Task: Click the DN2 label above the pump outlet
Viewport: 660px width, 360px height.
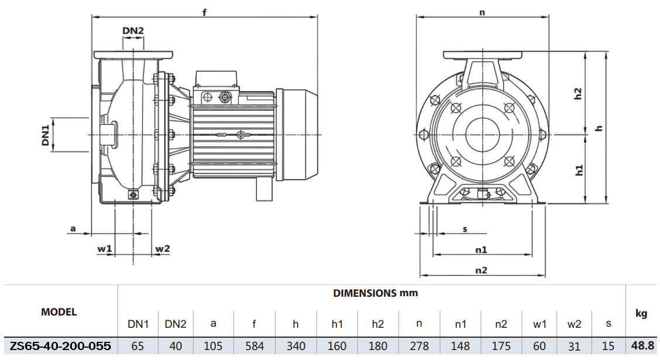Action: coord(133,30)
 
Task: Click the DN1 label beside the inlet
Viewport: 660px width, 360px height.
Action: coord(45,135)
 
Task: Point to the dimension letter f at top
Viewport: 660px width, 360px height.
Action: coord(204,12)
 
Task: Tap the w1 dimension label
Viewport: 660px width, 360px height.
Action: coord(104,249)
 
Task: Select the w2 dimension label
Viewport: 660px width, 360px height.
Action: coord(162,249)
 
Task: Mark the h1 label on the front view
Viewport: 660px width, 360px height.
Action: coord(579,170)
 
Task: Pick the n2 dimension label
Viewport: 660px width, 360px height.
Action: coord(481,270)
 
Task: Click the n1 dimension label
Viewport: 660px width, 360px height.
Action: coord(481,249)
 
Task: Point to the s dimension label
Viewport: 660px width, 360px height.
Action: coord(465,229)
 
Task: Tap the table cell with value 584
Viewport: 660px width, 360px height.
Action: coord(255,346)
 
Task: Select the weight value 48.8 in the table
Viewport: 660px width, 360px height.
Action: coord(642,346)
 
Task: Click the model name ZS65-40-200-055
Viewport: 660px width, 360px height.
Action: coord(60,346)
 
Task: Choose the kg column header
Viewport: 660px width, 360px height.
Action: coord(641,314)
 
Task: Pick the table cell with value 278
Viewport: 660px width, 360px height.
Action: coord(420,346)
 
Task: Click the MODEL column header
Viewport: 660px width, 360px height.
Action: coord(59,312)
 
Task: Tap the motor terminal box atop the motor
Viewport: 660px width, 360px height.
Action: coord(216,78)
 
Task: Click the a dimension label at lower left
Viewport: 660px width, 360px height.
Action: coord(73,228)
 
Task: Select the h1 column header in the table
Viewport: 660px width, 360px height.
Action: coord(337,324)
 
